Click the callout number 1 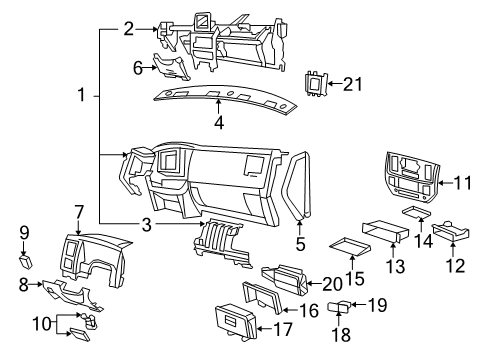tap(82, 96)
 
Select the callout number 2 tap(128, 29)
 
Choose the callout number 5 tap(300, 241)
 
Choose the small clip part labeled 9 tap(26, 262)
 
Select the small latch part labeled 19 tap(339, 304)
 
